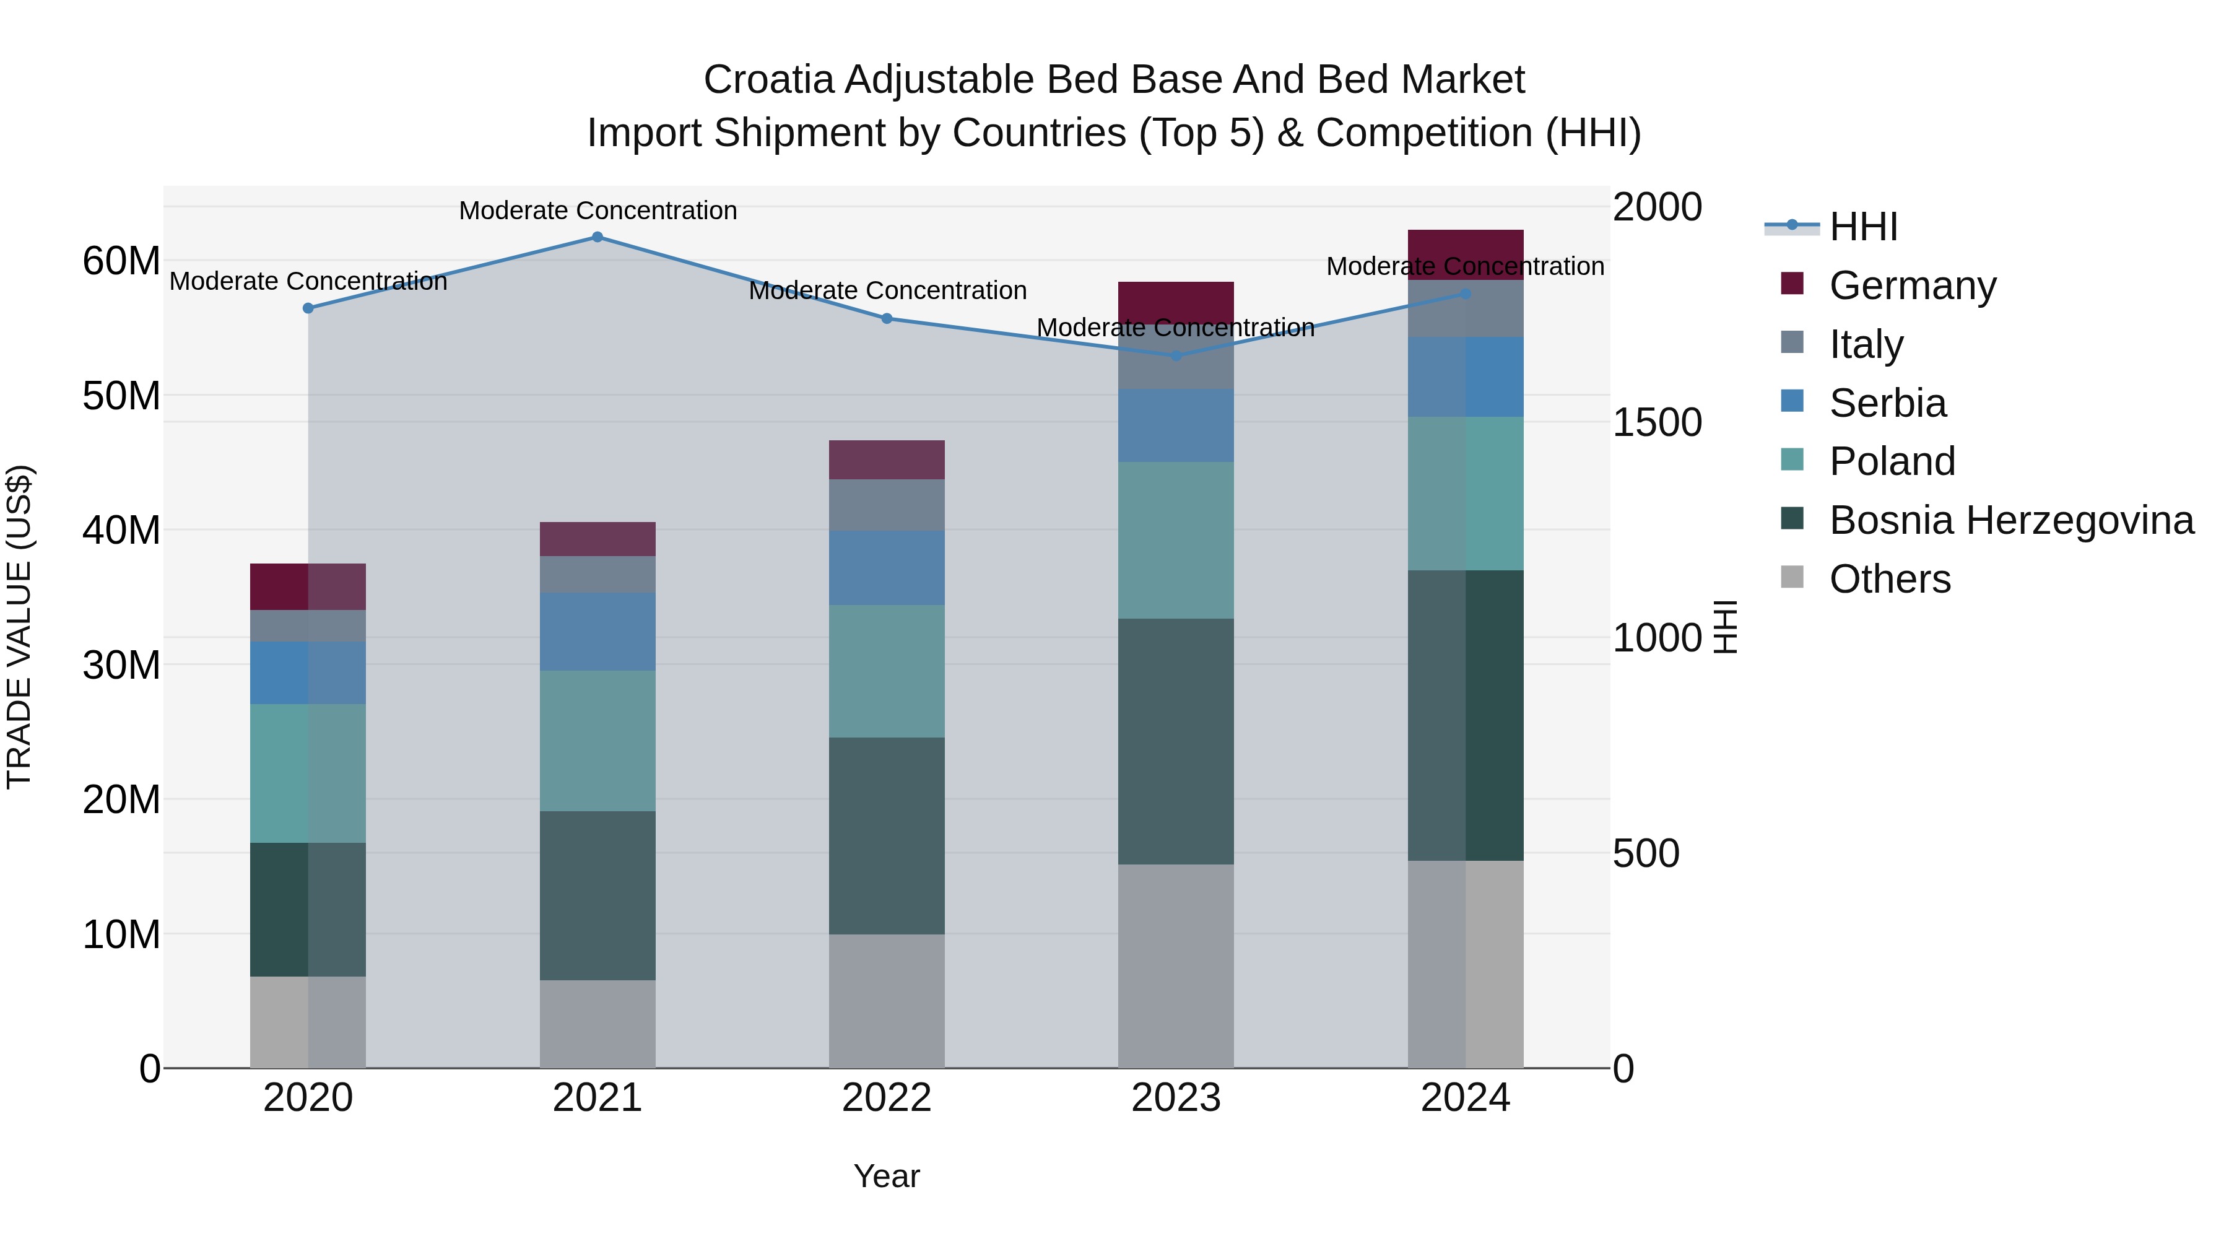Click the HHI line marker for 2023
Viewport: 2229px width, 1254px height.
point(1176,355)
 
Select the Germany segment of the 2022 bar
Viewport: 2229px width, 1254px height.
point(887,459)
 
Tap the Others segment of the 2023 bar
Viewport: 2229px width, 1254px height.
point(1176,966)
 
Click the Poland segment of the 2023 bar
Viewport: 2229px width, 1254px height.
point(1176,540)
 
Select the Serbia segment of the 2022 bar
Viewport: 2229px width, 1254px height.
point(887,568)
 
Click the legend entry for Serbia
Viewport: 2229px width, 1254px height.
point(1887,403)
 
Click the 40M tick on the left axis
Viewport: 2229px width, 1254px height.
point(121,531)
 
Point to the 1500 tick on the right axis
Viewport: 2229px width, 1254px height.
point(1657,423)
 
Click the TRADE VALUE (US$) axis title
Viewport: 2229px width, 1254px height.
point(20,627)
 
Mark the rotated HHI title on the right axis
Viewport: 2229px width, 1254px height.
point(1726,627)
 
